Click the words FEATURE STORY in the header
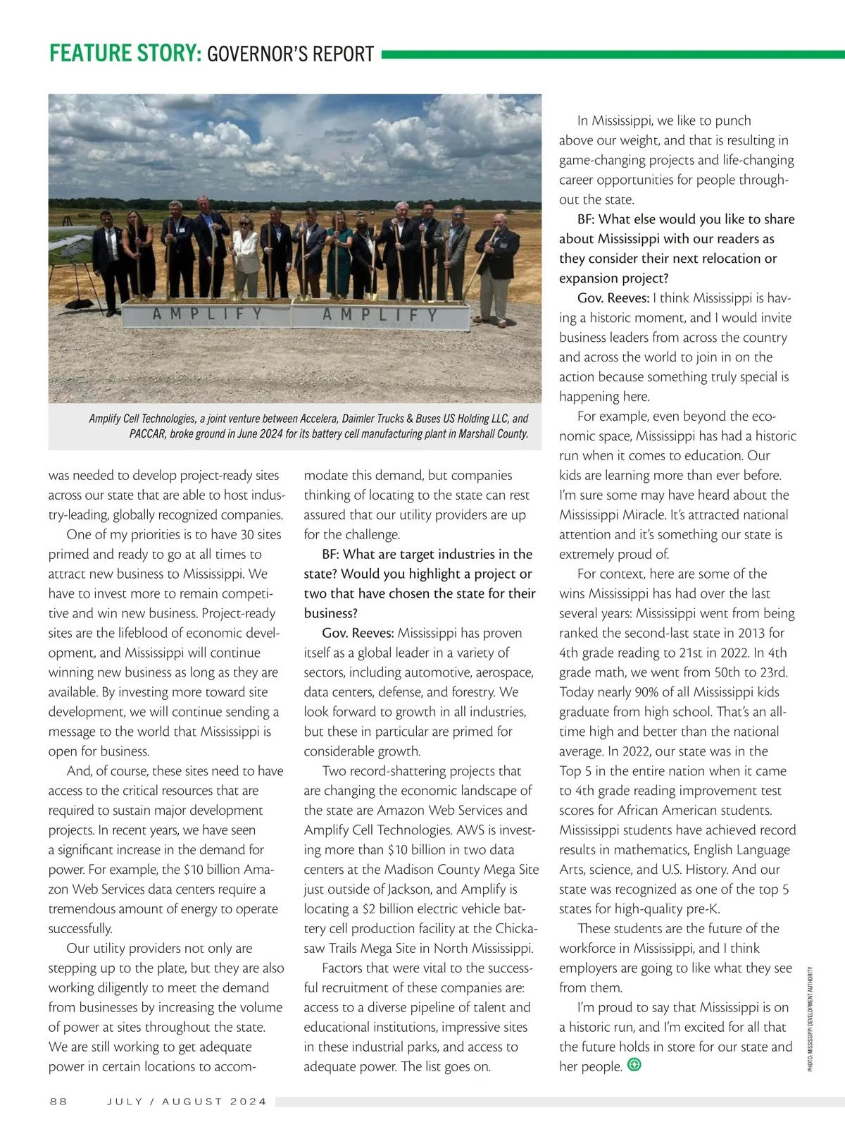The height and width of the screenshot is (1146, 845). click(x=125, y=54)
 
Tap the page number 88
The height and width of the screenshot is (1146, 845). click(x=58, y=1102)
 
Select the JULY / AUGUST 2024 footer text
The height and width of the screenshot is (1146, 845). click(x=187, y=1102)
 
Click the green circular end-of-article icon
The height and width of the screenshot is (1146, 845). click(x=634, y=1065)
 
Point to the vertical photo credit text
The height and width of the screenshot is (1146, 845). click(x=810, y=1018)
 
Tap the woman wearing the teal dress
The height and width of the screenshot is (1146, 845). click(x=339, y=254)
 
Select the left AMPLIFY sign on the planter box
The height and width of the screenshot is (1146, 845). click(x=208, y=314)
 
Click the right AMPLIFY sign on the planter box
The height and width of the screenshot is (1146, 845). click(x=380, y=315)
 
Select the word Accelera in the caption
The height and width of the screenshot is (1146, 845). click(x=320, y=419)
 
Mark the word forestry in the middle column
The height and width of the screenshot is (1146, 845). click(x=474, y=692)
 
